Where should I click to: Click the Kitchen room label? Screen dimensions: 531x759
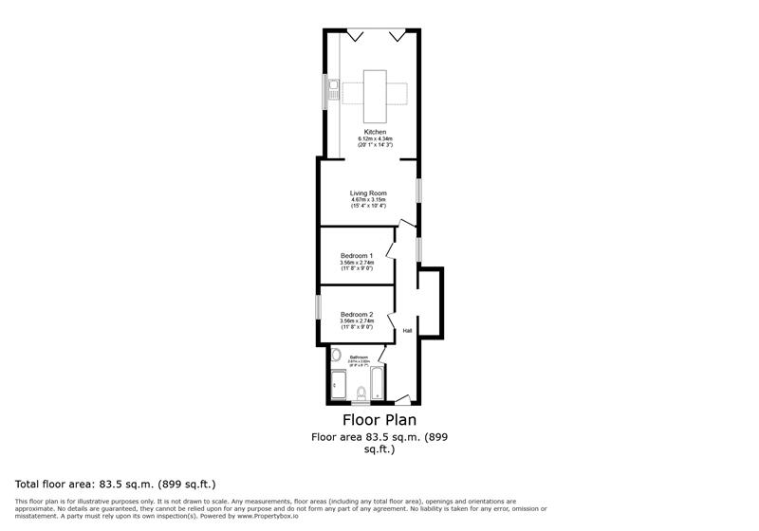pyautogui.click(x=376, y=132)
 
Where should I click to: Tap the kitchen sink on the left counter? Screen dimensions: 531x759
pyautogui.click(x=333, y=90)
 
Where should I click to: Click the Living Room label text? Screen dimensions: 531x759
pyautogui.click(x=368, y=192)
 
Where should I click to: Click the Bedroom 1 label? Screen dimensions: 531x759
pyautogui.click(x=357, y=256)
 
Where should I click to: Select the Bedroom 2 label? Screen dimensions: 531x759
pyautogui.click(x=357, y=314)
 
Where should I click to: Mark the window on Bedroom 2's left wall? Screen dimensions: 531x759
pyautogui.click(x=318, y=309)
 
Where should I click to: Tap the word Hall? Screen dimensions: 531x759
pyautogui.click(x=407, y=331)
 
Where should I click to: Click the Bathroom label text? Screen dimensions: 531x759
pyautogui.click(x=359, y=357)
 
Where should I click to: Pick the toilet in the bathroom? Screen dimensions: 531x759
pyautogui.click(x=361, y=394)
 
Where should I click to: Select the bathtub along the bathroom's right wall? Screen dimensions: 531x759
pyautogui.click(x=376, y=384)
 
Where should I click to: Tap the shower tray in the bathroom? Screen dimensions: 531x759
pyautogui.click(x=339, y=385)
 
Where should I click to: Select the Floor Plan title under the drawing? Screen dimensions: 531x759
pyautogui.click(x=379, y=419)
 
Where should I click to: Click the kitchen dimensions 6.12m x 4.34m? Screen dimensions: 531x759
pyautogui.click(x=376, y=139)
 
